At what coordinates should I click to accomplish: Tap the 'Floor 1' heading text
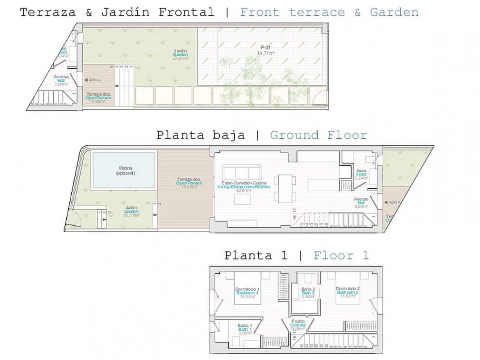[x=341, y=256]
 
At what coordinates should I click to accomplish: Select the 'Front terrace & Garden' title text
[x=329, y=12]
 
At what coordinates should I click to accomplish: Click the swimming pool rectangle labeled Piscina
[x=124, y=170]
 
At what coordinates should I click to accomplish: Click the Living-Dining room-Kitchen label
[x=244, y=186]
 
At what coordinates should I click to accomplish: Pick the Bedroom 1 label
[x=247, y=292]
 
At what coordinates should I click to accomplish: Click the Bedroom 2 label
[x=348, y=292]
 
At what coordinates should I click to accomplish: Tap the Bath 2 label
[x=308, y=292]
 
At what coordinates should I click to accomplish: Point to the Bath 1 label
[x=244, y=329]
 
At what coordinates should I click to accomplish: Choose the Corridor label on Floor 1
[x=298, y=325]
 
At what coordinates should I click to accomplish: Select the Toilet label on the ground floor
[x=361, y=174]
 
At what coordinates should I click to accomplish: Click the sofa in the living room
[x=242, y=172]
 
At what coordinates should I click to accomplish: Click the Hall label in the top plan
[x=61, y=80]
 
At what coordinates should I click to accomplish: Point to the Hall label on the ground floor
[x=361, y=202]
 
